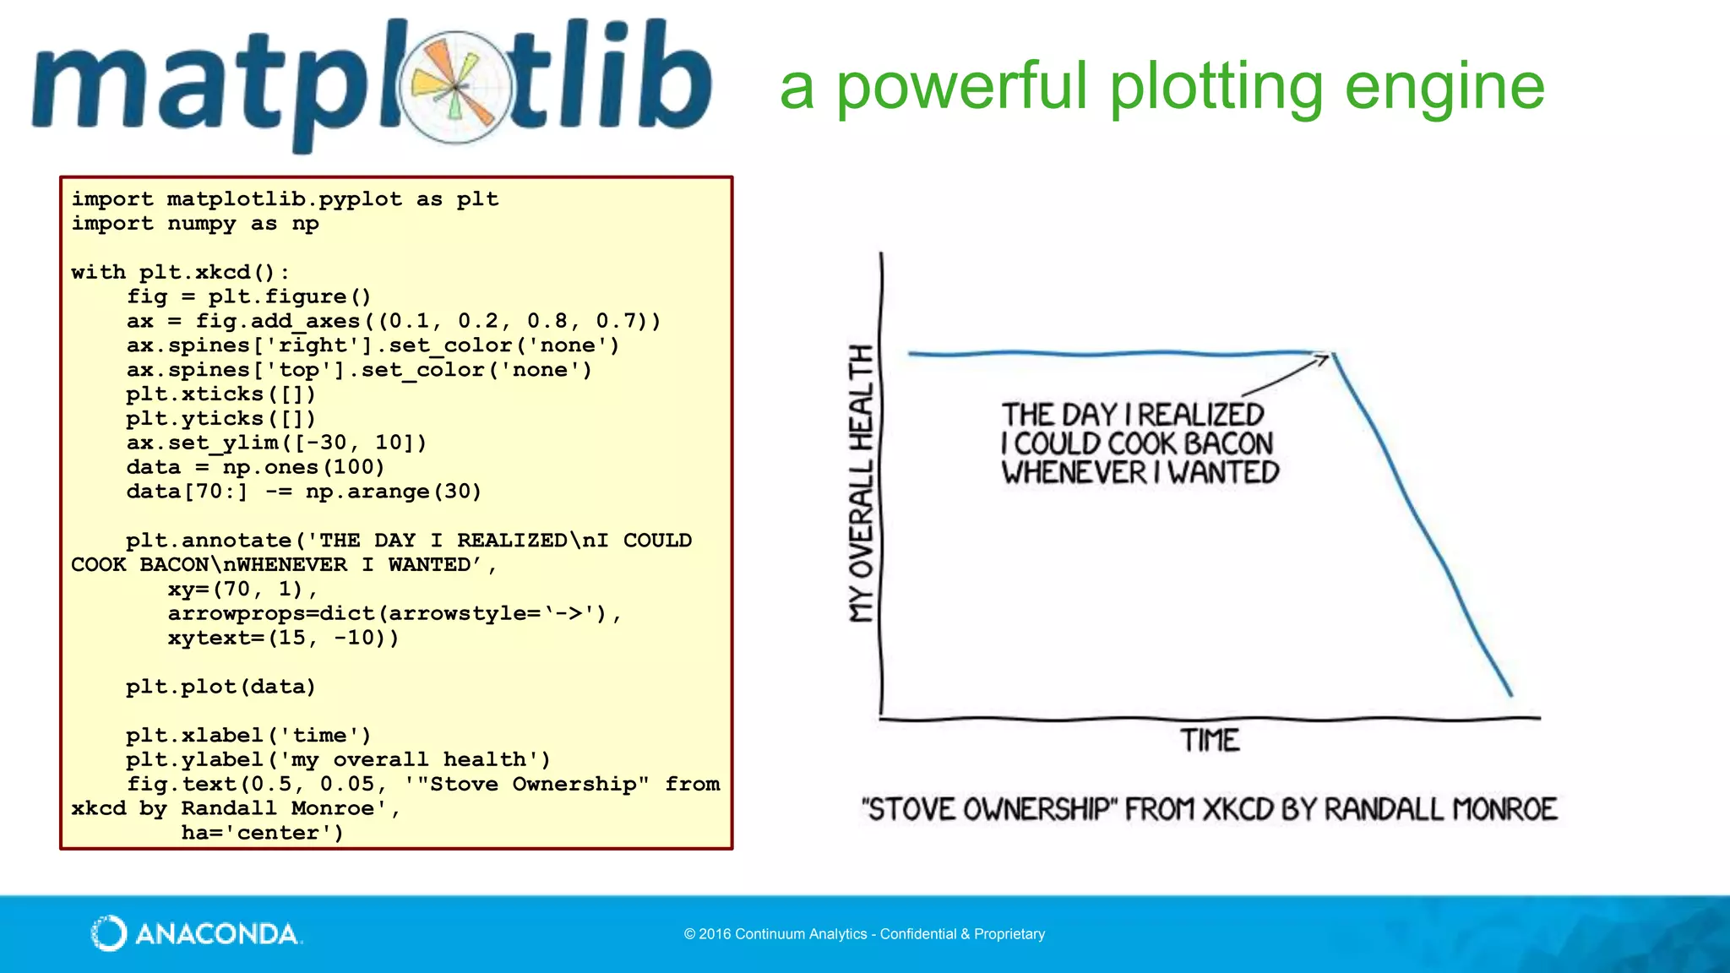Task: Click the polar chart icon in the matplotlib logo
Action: point(456,86)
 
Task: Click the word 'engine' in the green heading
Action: point(1444,87)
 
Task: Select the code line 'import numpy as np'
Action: point(195,224)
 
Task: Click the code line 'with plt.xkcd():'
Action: point(180,273)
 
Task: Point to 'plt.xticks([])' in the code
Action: point(221,394)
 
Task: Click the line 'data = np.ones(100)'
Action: point(255,468)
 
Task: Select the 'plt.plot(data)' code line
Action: point(221,687)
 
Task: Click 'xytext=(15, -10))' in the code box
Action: point(283,638)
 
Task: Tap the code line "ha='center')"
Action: point(262,833)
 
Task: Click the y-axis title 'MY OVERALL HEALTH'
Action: point(861,483)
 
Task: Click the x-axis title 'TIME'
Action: point(1210,741)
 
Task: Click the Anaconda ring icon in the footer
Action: point(109,933)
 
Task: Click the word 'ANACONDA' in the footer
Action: point(217,934)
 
